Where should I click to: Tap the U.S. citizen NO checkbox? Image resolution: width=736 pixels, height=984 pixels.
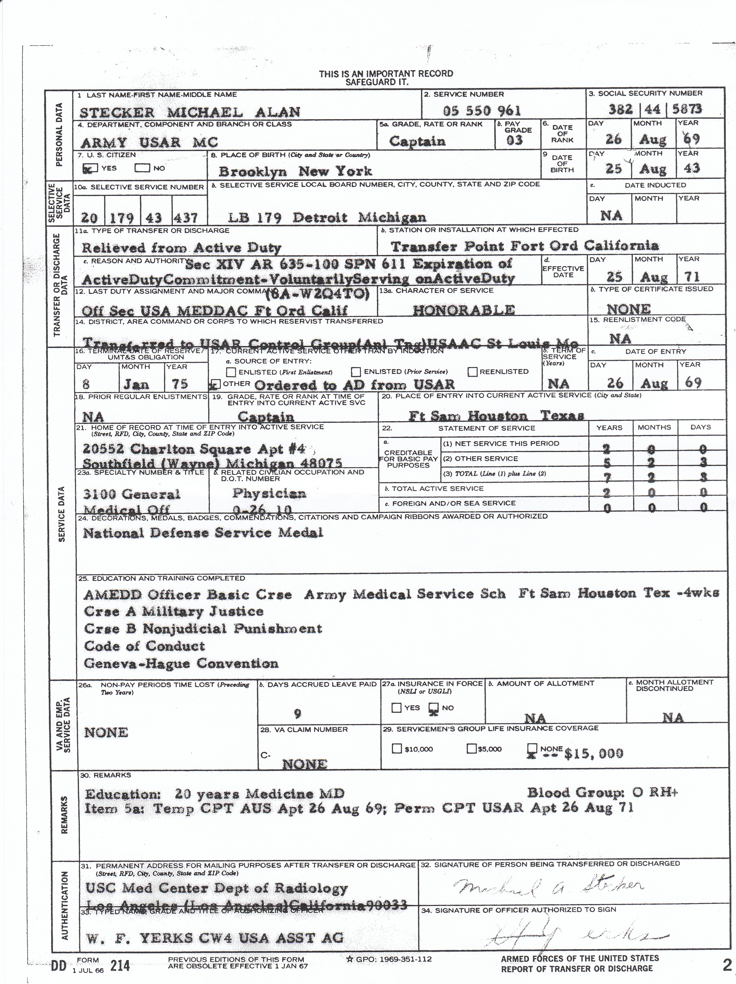coord(143,168)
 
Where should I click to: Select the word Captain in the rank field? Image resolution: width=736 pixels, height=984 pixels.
coord(417,142)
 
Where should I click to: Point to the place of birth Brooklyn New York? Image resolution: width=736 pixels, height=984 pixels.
coord(295,171)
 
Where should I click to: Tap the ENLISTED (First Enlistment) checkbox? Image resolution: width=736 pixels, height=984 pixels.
coord(231,372)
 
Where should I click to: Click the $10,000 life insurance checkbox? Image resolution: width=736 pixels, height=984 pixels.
coord(396,749)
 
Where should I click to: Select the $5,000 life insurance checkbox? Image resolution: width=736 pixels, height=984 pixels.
coord(471,749)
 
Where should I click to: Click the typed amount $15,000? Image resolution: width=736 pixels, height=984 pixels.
coord(593,753)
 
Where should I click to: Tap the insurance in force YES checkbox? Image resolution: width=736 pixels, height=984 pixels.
coord(396,708)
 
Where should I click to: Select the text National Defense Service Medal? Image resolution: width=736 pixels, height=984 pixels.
coord(203,533)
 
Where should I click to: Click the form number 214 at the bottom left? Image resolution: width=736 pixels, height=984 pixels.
coord(120,965)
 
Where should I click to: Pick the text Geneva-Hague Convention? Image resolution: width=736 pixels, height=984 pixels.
coord(181,663)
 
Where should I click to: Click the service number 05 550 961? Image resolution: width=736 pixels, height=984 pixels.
coord(482,111)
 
